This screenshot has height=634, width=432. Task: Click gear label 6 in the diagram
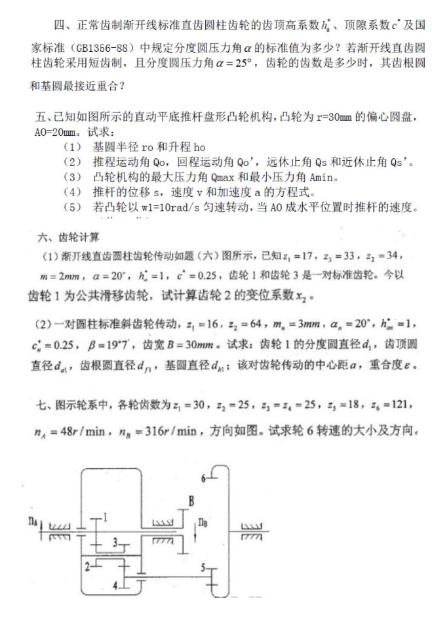tap(204, 477)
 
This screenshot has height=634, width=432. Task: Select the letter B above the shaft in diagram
tap(191, 502)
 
